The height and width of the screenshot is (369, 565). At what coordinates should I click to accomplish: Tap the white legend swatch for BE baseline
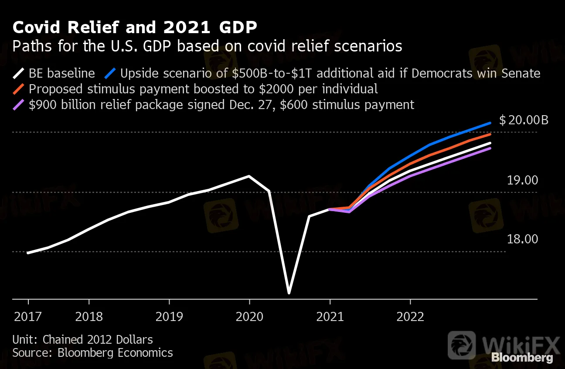pos(19,73)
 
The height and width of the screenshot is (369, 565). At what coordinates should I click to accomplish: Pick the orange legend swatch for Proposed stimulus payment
pos(19,89)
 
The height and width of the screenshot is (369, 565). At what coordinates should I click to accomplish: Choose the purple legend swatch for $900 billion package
pos(19,105)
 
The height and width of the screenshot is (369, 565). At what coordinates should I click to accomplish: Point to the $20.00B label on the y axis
pos(524,120)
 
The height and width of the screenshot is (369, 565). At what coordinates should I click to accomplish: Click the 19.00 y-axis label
pos(523,180)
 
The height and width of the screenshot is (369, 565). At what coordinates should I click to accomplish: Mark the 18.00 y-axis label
pos(523,239)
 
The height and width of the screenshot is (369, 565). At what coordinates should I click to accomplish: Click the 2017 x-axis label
pos(28,316)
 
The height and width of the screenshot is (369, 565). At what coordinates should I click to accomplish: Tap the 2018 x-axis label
pos(89,316)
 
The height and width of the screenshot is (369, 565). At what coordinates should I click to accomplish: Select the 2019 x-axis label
pos(169,316)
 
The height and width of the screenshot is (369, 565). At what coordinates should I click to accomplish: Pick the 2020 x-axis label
pos(249,316)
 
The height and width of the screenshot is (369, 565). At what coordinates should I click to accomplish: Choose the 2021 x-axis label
pos(330,316)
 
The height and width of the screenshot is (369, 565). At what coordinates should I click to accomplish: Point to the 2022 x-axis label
pos(410,316)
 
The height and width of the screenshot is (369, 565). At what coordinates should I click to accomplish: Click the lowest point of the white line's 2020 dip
pos(289,293)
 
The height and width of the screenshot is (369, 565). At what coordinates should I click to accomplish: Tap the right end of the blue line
pos(490,123)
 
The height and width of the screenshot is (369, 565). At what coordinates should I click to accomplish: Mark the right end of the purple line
pos(490,148)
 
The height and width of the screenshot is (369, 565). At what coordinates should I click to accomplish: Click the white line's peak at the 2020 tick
pos(249,176)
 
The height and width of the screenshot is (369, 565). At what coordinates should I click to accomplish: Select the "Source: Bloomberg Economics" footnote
pos(92,352)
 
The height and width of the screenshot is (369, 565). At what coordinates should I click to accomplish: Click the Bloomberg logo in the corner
pos(522,358)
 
